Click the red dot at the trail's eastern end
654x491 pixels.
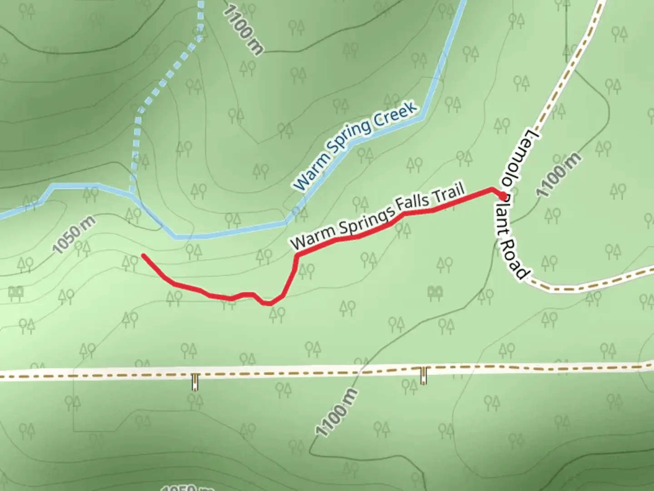(503, 196)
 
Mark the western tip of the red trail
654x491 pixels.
(144, 256)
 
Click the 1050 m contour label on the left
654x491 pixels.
(74, 235)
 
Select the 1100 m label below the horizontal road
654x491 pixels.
(337, 413)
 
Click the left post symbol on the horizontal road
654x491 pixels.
(195, 382)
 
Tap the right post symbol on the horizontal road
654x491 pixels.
(424, 376)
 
